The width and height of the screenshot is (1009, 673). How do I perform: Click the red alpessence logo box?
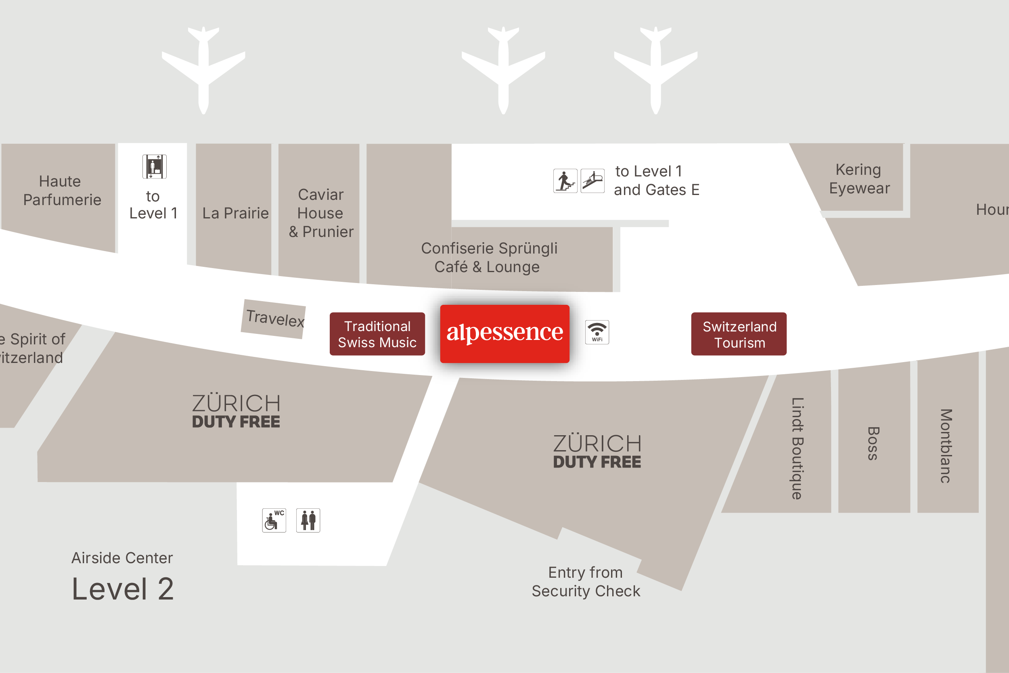pos(504,333)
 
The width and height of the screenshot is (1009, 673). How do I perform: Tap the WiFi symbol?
pos(597,332)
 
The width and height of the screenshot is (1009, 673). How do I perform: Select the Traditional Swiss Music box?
pos(377,334)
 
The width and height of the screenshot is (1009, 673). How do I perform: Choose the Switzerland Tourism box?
pos(738,334)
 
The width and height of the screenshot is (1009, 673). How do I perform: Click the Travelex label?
pos(274,319)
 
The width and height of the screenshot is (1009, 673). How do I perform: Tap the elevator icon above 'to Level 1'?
pos(155,166)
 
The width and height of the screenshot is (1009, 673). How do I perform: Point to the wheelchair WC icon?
pos(274,520)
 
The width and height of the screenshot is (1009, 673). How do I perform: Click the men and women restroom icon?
pos(308,520)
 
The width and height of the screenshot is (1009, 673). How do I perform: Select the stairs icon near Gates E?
pos(565,181)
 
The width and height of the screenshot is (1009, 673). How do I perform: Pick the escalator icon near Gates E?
pos(592,181)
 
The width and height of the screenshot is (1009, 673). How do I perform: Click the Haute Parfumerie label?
pos(61,191)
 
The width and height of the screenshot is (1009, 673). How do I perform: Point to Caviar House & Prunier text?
pos(320,213)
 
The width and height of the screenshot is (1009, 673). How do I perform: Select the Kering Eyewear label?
pos(859,179)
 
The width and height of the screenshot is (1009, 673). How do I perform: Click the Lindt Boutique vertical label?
pos(797,448)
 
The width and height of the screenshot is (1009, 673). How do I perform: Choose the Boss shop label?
pos(873,443)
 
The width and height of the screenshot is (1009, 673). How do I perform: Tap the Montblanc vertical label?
pos(946,446)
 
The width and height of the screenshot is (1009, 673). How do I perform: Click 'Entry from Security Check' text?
pos(586,582)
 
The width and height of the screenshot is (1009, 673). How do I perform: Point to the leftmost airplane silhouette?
pos(203,69)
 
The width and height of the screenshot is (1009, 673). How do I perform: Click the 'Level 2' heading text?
pos(123,589)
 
